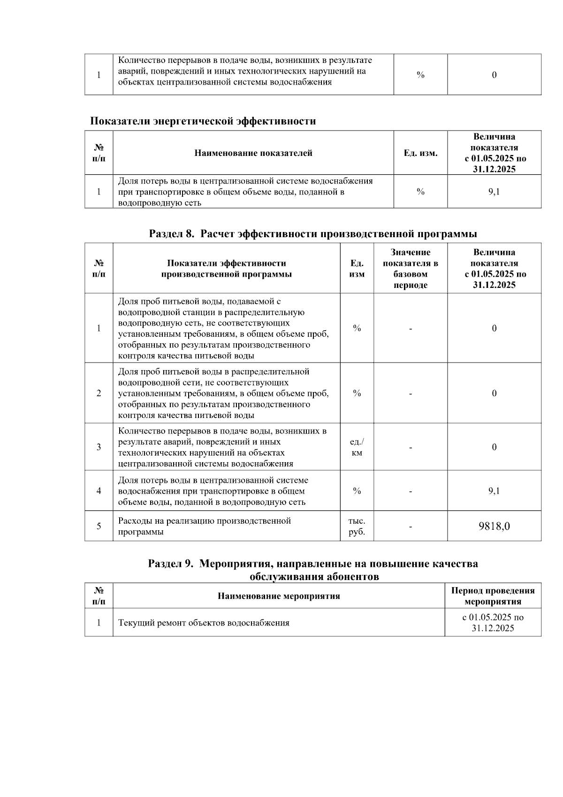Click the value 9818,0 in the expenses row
tap(494, 526)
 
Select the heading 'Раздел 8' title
tap(313, 234)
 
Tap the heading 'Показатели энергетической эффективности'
tap(203, 121)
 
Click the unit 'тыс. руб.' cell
tap(357, 526)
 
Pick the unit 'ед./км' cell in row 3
tap(357, 447)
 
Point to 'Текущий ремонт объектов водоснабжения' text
tap(204, 623)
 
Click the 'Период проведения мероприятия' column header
tap(493, 596)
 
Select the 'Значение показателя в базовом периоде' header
tap(410, 269)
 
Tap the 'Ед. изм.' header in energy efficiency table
tap(420, 153)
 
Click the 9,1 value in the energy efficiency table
tap(494, 192)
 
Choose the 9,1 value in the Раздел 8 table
tap(494, 491)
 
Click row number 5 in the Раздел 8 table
tap(99, 526)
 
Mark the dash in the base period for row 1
tap(411, 328)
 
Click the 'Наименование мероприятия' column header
tap(279, 596)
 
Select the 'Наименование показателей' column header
tap(253, 153)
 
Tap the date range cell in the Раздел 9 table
tap(493, 623)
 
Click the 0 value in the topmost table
tap(494, 75)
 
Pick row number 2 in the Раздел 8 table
tap(99, 393)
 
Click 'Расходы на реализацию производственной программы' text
tap(205, 526)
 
